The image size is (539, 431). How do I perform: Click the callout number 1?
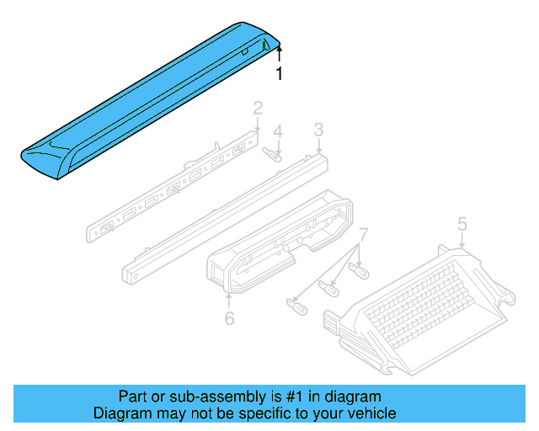click(280, 74)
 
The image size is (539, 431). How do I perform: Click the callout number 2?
click(259, 107)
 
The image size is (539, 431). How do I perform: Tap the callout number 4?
click(278, 131)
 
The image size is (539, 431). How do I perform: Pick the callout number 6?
click(228, 318)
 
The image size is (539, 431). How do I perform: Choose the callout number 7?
click(363, 233)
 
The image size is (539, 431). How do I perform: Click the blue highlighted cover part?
click(143, 101)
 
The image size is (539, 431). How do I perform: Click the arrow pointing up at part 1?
click(280, 56)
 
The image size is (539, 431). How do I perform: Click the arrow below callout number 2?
click(259, 123)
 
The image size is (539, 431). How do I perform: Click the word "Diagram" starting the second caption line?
click(123, 413)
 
